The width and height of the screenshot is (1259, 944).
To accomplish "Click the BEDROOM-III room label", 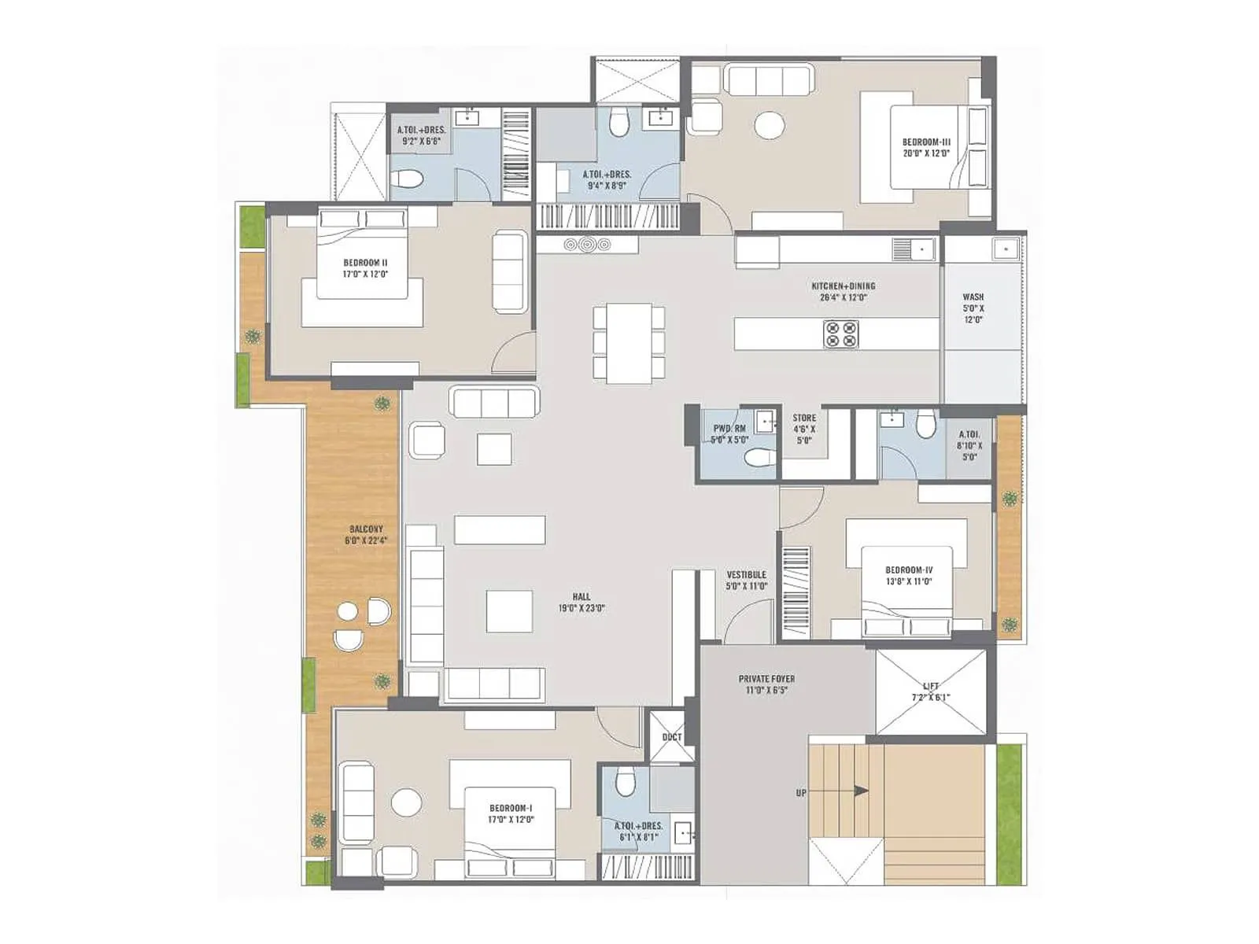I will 926,148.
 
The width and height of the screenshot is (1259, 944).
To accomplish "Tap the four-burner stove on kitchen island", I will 840,334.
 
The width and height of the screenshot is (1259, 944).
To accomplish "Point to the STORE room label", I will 804,430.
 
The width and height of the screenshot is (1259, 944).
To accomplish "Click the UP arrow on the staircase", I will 861,791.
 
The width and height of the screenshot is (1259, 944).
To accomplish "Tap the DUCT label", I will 671,737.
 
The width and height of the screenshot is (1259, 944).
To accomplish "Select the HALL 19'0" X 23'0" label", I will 582,603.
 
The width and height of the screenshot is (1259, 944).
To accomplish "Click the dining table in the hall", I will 629,342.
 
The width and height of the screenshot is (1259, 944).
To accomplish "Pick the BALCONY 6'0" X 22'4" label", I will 365,535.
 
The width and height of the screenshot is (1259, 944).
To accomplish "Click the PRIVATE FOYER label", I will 766,684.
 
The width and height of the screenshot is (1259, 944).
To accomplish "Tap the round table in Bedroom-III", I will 769,126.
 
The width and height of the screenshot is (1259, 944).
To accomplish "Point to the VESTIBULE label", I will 746,581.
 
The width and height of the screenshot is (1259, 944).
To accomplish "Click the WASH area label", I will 973,308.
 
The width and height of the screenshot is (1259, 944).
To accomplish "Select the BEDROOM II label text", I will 365,268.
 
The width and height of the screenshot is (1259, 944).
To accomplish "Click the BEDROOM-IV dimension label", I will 908,581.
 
